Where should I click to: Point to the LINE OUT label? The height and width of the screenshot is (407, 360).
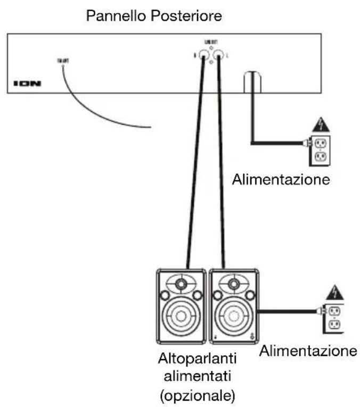click(211, 41)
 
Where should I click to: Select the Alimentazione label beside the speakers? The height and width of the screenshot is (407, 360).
click(307, 351)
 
